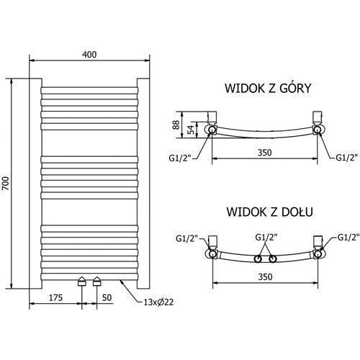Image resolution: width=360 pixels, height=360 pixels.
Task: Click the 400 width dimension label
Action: point(89,55)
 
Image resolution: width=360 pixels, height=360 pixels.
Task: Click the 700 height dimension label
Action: point(6,184)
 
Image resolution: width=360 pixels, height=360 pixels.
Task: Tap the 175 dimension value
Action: point(55,297)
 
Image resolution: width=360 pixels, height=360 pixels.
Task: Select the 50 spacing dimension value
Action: point(107,297)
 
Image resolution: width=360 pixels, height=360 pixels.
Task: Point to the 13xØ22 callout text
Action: point(158,302)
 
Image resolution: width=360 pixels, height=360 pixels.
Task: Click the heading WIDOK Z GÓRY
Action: point(268,89)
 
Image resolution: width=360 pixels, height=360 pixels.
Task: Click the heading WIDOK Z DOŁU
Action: point(270,212)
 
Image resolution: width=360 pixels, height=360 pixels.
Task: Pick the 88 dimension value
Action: point(176,125)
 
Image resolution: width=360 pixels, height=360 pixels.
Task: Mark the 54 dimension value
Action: point(191,130)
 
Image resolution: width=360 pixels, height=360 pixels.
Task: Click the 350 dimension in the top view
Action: point(265,153)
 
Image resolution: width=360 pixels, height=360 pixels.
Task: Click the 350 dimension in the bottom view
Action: point(266,276)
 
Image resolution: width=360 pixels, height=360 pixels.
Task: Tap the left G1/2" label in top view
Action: point(180,158)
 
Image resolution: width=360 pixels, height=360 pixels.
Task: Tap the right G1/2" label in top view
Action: point(346,158)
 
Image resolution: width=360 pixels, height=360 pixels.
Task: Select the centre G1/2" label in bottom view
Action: point(266,238)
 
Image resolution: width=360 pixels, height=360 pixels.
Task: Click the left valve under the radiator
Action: point(82,281)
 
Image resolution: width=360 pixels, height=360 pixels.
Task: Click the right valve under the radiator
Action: point(97,281)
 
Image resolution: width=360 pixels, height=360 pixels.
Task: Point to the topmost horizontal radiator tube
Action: point(89,90)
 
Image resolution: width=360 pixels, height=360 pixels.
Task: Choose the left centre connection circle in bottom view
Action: point(258,259)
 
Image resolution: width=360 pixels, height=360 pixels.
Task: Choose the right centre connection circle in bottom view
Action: point(273,259)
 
